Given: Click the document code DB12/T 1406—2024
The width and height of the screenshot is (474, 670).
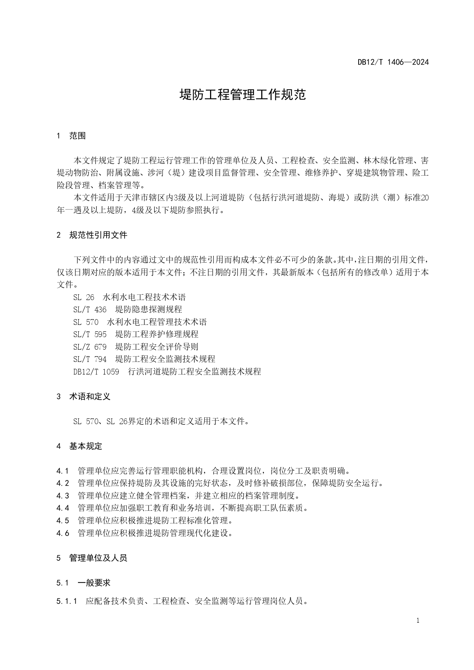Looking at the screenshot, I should coord(393,62).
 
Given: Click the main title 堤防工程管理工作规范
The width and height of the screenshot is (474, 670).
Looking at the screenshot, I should coord(243,95).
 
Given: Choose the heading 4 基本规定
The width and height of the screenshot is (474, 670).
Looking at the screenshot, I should coord(79,446).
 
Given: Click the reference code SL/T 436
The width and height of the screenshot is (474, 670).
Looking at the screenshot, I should coord(90,309).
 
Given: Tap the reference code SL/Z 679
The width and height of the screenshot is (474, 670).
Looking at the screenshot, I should coord(90,347).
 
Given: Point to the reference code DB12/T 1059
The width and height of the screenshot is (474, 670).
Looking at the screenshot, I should coord(96,371).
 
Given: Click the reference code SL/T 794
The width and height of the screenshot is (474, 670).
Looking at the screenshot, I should coord(90,359).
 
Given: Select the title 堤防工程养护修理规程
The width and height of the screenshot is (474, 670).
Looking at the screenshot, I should coord(157,334).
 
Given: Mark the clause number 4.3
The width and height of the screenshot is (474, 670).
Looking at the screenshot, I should coord(63,496).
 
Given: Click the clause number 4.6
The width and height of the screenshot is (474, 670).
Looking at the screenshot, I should coord(63,533).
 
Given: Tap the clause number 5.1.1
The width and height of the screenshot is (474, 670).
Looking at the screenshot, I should coord(67,601).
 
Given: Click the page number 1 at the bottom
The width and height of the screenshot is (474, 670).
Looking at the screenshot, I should coord(418,620).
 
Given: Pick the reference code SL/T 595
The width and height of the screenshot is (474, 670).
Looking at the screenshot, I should coord(90,334).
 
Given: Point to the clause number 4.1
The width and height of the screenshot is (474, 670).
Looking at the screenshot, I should coord(63,471).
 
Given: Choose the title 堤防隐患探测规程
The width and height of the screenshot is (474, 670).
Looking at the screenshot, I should coord(149,309).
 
